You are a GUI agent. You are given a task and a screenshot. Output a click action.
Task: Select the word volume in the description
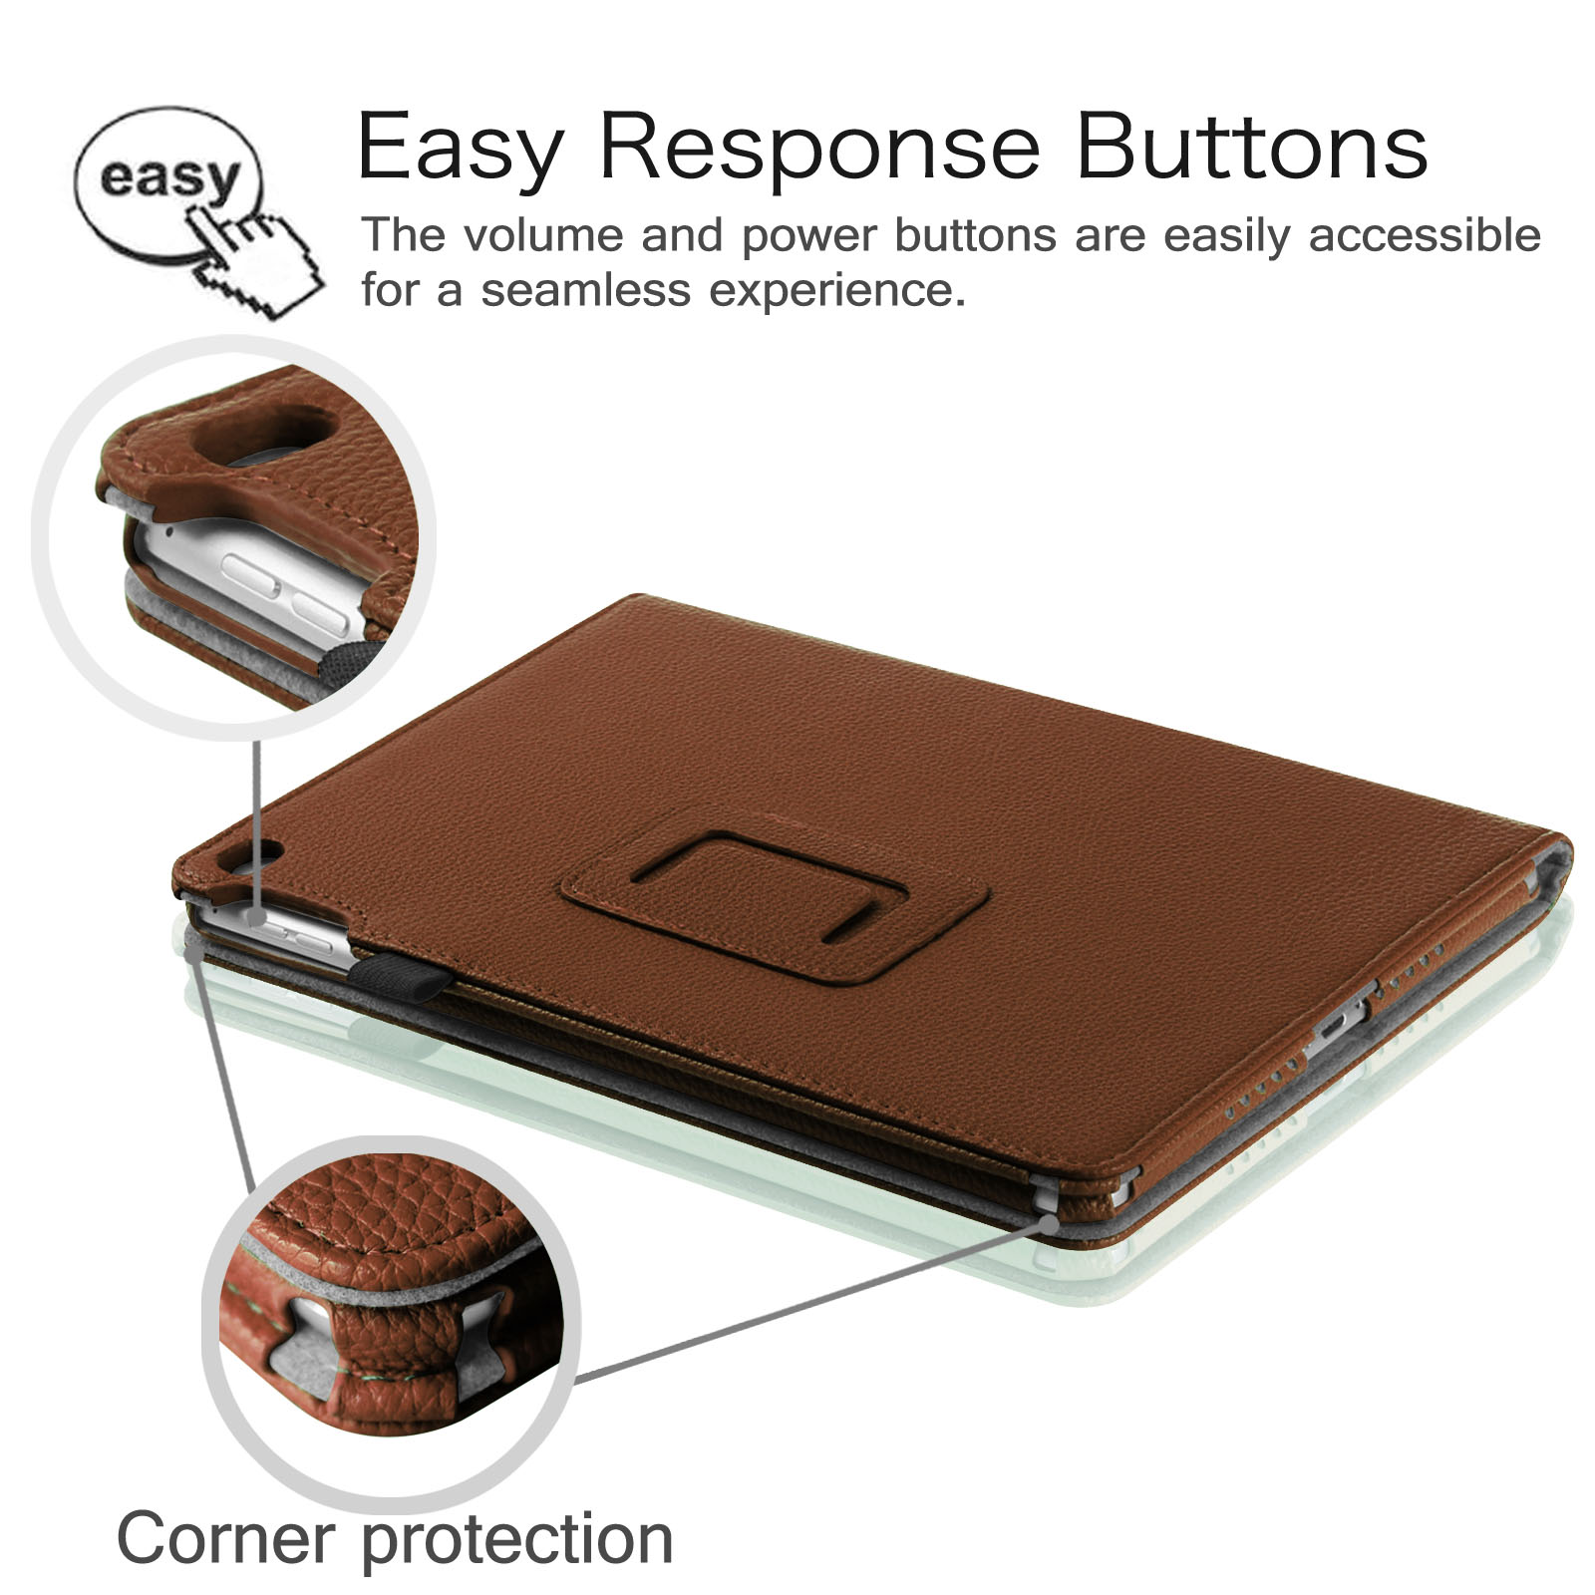(543, 235)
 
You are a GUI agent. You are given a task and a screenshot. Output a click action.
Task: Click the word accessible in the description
(1425, 235)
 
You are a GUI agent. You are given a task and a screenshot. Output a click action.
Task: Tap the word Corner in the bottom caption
(226, 1538)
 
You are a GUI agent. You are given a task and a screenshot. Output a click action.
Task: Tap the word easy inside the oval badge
(170, 177)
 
